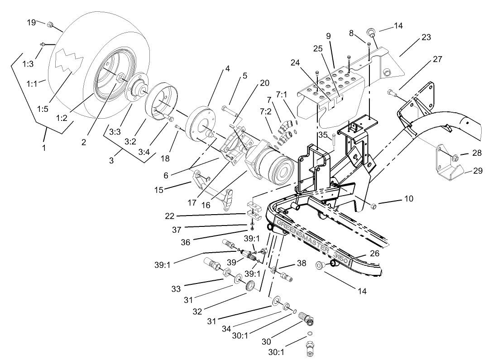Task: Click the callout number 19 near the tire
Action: point(31,22)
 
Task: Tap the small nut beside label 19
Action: point(50,24)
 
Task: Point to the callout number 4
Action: point(228,69)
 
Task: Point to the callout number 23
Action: point(426,38)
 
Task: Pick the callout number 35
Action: point(322,134)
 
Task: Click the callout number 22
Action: point(170,216)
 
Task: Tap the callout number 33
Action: point(176,288)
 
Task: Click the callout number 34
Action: point(227,329)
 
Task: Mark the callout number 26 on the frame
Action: point(374,254)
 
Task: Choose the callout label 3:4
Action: point(144,152)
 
